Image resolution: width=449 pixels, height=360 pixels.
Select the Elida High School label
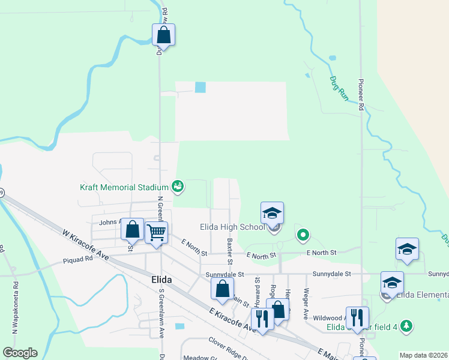point(232,227)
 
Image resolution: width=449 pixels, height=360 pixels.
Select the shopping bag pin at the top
point(163,35)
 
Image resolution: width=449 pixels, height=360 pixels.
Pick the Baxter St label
point(229,251)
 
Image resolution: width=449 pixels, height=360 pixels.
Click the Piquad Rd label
point(78,260)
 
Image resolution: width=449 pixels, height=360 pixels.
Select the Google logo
point(20,353)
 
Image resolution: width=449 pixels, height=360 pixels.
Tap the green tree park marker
point(407,326)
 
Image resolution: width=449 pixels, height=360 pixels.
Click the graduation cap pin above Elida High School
point(272,212)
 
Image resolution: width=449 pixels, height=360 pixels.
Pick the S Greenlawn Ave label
point(161,313)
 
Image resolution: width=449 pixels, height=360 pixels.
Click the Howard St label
point(257,288)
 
